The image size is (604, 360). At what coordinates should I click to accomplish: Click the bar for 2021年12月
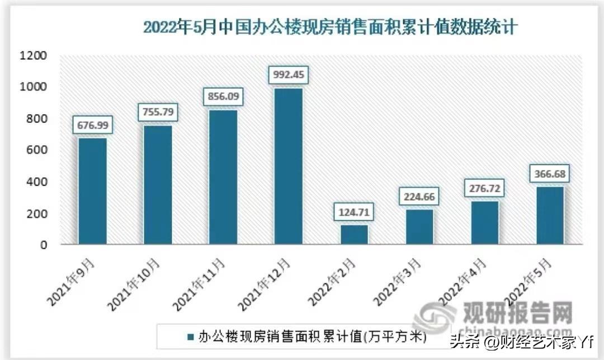pos(289,167)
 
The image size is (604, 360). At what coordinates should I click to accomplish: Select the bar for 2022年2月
pos(354,234)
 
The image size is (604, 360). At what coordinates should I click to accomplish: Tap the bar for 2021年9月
pos(92,191)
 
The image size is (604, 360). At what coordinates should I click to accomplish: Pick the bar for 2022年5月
pos(550,216)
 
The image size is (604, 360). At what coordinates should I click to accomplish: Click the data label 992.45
pos(289,74)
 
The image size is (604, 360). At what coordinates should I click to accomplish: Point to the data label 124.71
pos(354,212)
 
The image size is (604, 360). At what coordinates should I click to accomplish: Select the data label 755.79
pos(158,112)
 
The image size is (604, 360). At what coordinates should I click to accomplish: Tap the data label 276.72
pos(484,188)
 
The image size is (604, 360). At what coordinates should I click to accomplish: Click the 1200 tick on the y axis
pos(33,55)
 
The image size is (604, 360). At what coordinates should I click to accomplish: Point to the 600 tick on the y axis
pos(36,150)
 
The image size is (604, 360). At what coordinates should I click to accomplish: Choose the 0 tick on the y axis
pos(44,245)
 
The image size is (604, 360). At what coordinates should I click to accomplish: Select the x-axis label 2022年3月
pos(398,282)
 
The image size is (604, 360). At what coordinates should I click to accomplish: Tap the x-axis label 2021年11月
pos(199,285)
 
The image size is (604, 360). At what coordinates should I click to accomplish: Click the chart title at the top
pos(330,27)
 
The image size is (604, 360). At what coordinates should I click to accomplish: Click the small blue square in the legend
pos(190,337)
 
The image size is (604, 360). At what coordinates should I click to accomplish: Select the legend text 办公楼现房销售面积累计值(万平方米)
pos(313,337)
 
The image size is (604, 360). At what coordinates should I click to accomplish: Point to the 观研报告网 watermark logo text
pos(518,312)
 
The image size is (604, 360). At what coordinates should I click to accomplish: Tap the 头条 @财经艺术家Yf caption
pos(522,341)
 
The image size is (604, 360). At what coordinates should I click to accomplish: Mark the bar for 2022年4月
pos(484,223)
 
